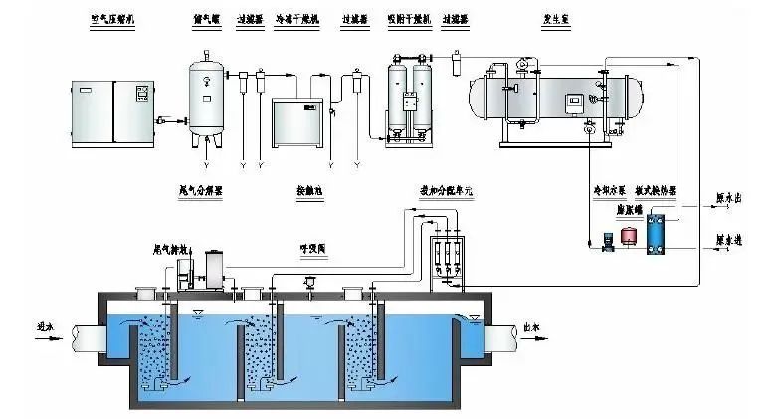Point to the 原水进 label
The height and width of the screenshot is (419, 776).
click(728, 240)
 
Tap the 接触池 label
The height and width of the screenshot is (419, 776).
click(310, 189)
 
